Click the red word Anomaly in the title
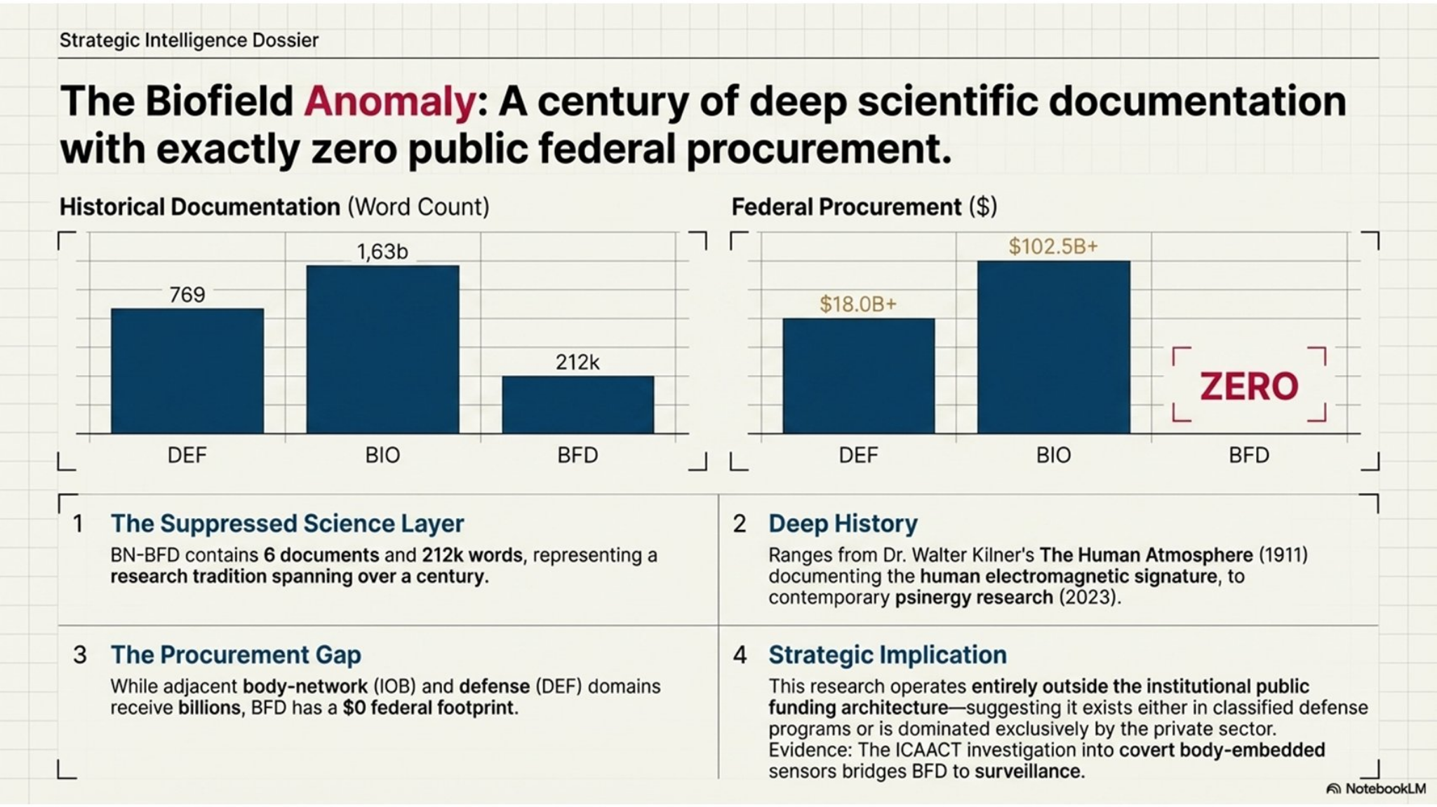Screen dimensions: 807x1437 point(390,101)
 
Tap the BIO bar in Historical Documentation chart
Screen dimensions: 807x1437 point(382,349)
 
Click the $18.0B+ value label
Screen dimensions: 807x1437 point(858,304)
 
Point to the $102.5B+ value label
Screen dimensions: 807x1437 point(1053,247)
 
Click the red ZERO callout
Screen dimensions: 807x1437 point(1249,386)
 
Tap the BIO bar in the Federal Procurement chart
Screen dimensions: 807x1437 point(1053,347)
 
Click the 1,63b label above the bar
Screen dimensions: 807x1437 point(382,252)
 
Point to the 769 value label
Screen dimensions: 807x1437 point(187,295)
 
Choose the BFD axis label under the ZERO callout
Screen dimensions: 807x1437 point(1249,456)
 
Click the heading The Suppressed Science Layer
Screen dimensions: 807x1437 point(287,524)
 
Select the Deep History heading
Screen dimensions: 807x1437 point(843,524)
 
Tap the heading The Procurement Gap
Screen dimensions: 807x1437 point(236,655)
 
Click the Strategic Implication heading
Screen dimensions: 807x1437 point(887,655)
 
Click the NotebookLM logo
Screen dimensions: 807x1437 point(1376,789)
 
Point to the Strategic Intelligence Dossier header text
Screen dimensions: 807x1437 point(189,41)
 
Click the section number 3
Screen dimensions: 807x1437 point(80,655)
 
